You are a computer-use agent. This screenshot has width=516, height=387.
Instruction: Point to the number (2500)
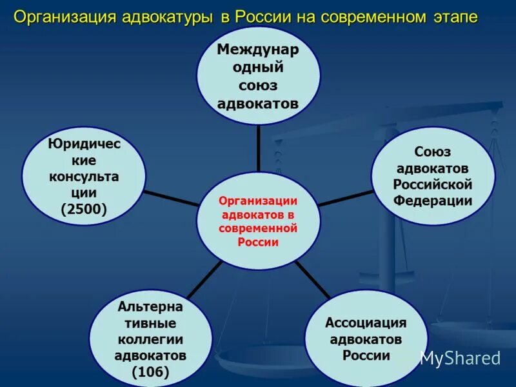84,209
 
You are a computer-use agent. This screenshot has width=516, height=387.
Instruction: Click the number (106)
150,372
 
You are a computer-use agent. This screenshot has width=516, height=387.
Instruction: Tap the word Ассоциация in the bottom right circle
366,322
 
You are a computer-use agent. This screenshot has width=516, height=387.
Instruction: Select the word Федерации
433,201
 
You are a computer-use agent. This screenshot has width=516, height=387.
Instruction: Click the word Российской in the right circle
433,184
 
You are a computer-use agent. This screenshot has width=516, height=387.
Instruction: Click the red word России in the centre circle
258,243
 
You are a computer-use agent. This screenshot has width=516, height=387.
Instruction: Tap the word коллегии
150,339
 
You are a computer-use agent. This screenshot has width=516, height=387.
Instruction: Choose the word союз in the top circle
258,85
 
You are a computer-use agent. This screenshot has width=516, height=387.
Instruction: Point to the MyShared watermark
460,358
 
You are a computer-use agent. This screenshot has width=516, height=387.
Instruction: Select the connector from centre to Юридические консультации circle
171,197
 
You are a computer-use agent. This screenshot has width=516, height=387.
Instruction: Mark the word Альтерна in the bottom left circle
150,306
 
